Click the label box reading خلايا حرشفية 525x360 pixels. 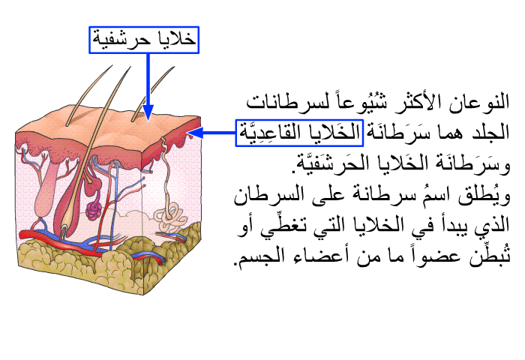pos(144,40)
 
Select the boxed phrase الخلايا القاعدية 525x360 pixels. pos(299,133)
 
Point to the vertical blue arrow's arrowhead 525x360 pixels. pos(148,112)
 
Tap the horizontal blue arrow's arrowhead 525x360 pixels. pos(195,133)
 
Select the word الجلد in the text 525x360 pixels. pos(490,132)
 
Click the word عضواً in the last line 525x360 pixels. pos(436,256)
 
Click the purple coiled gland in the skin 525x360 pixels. pos(94,211)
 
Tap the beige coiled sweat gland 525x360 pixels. pos(170,218)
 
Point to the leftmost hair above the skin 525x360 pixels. pos(88,95)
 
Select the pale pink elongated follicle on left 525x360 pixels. pos(46,190)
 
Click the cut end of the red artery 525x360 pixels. pos(163,260)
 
